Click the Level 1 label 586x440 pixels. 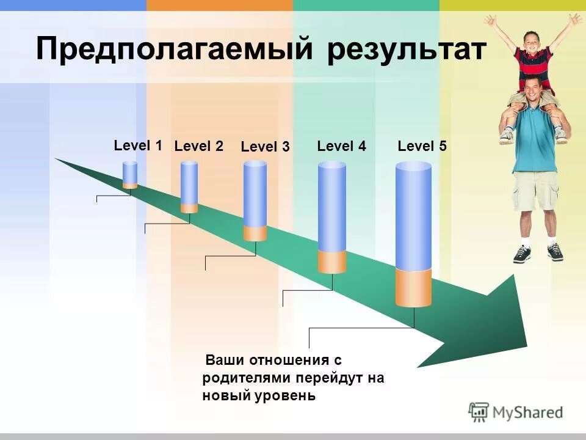(x=138, y=145)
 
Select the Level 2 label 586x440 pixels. (x=198, y=146)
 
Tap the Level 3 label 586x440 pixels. (x=265, y=147)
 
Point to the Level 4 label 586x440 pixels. (x=341, y=146)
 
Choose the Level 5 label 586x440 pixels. (x=422, y=146)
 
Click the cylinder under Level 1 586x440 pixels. (x=130, y=175)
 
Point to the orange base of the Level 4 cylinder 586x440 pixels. (x=332, y=262)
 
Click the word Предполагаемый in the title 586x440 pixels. (x=174, y=49)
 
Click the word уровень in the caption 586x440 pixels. (x=286, y=395)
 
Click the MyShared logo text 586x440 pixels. (x=527, y=413)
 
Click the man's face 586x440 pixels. (x=534, y=92)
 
